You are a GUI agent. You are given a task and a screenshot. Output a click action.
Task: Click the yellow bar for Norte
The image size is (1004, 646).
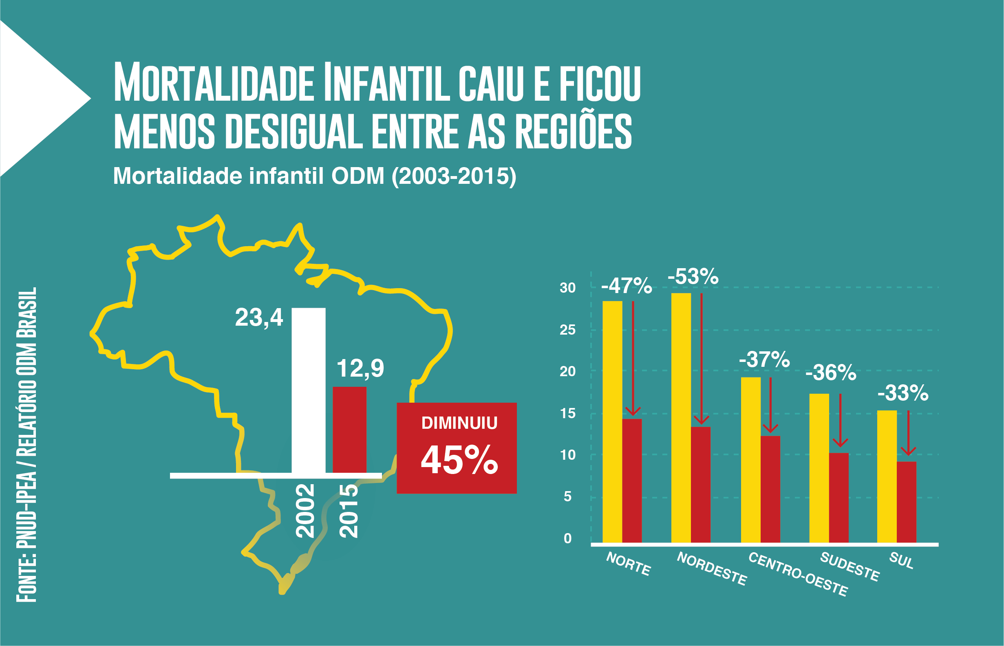point(612,421)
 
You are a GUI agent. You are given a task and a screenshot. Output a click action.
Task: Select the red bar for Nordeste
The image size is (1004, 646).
point(701,485)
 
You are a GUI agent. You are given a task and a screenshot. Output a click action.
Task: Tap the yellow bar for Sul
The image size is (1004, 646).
point(887,476)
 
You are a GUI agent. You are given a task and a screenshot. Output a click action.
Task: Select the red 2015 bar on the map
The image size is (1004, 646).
point(349,430)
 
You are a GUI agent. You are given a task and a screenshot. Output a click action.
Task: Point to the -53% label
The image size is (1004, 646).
point(693,277)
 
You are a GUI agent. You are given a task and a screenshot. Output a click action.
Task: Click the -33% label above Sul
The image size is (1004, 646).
point(903,393)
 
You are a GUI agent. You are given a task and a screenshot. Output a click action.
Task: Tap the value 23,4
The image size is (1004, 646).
point(259,317)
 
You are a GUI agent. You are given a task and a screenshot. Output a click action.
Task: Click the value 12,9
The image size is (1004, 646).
point(360,369)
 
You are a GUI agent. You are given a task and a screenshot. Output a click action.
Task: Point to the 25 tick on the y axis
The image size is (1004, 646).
point(567,330)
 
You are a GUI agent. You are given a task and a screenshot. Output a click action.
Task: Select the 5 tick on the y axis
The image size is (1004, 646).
point(567,497)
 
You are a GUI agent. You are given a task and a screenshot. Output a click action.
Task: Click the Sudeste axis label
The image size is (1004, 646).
point(850,567)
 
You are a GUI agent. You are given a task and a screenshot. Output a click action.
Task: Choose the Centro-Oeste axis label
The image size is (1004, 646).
point(798,574)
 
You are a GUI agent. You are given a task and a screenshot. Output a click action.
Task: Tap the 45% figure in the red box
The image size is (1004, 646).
point(459,460)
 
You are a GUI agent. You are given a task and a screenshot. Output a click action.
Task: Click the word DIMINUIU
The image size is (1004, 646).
point(459,423)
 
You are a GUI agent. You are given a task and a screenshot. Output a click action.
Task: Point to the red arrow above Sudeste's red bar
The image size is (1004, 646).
point(840,420)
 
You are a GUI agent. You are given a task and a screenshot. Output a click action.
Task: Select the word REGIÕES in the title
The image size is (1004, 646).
point(573,131)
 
